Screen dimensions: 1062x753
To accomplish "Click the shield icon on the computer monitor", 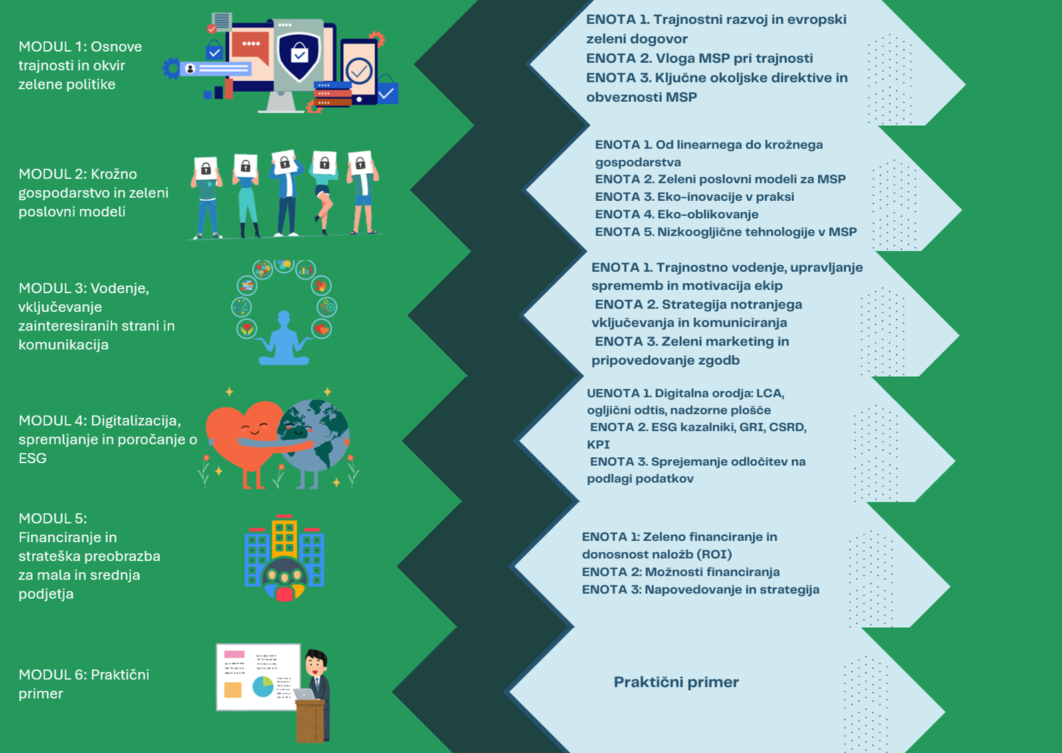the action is [x=298, y=56].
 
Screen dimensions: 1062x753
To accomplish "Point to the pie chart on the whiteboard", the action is [x=262, y=686].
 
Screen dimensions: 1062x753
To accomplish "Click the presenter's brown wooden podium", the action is [x=311, y=720].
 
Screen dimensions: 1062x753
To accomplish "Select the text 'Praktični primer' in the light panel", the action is [x=676, y=682].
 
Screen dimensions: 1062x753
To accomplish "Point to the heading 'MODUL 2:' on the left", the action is [x=52, y=174].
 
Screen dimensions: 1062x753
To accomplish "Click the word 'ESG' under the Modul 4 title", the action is [x=32, y=458].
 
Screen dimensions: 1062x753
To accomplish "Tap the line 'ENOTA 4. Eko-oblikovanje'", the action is [x=677, y=214].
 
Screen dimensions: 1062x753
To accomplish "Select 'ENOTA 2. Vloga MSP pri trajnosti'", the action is [x=699, y=58].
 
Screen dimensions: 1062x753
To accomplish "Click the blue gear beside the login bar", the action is [x=171, y=68].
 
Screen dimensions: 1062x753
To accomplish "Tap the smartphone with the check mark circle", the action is [x=359, y=72].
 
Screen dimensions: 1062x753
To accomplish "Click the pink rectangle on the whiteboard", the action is [x=234, y=655].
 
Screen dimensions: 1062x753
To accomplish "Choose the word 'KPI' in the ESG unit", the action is [x=598, y=445].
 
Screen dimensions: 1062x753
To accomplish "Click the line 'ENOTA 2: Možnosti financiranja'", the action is [x=681, y=572].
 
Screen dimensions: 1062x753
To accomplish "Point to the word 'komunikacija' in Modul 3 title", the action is [x=64, y=345].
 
